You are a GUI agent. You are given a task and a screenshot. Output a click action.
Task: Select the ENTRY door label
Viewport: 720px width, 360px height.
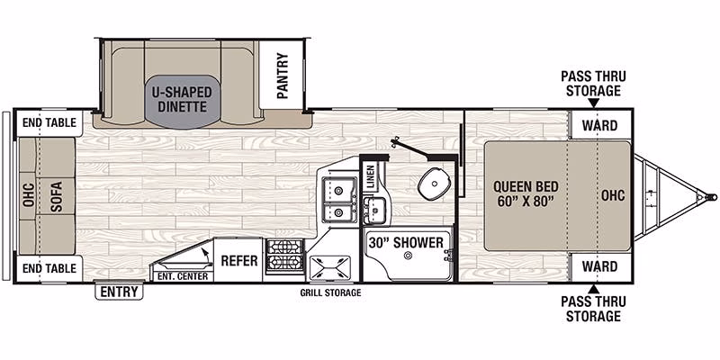(x=120, y=292)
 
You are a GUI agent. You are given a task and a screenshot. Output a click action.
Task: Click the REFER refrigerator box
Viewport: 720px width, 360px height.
(x=238, y=260)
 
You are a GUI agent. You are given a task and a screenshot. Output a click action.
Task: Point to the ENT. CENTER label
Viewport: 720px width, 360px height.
(x=183, y=276)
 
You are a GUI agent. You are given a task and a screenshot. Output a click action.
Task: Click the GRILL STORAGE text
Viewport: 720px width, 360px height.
(x=330, y=292)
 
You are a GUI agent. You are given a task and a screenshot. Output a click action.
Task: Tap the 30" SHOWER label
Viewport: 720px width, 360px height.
(x=407, y=242)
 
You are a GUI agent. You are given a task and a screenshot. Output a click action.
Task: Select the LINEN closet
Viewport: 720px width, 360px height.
(x=371, y=176)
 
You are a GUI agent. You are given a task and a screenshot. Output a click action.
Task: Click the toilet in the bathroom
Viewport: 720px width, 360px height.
(x=431, y=183)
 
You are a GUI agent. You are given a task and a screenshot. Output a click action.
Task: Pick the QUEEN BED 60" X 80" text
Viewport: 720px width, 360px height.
(x=526, y=193)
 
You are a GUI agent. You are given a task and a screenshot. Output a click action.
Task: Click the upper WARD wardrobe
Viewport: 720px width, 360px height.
(x=600, y=125)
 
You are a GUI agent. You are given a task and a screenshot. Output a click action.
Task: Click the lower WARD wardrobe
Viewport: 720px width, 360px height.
(x=600, y=265)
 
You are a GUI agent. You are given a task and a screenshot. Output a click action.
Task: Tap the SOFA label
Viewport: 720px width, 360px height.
(x=56, y=196)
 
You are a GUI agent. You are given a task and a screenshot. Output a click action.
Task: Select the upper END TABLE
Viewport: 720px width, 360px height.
(x=49, y=123)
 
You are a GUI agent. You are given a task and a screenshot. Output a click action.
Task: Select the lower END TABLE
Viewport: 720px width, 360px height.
(x=49, y=268)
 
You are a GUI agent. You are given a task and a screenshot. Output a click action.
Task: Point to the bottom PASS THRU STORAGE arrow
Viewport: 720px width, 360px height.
(x=593, y=289)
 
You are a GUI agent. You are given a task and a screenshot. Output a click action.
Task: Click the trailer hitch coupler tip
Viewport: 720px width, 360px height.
(x=713, y=197)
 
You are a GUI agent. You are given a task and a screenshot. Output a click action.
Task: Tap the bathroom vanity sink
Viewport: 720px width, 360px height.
(x=375, y=210)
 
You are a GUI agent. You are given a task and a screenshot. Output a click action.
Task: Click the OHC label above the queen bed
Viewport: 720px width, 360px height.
(x=613, y=195)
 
